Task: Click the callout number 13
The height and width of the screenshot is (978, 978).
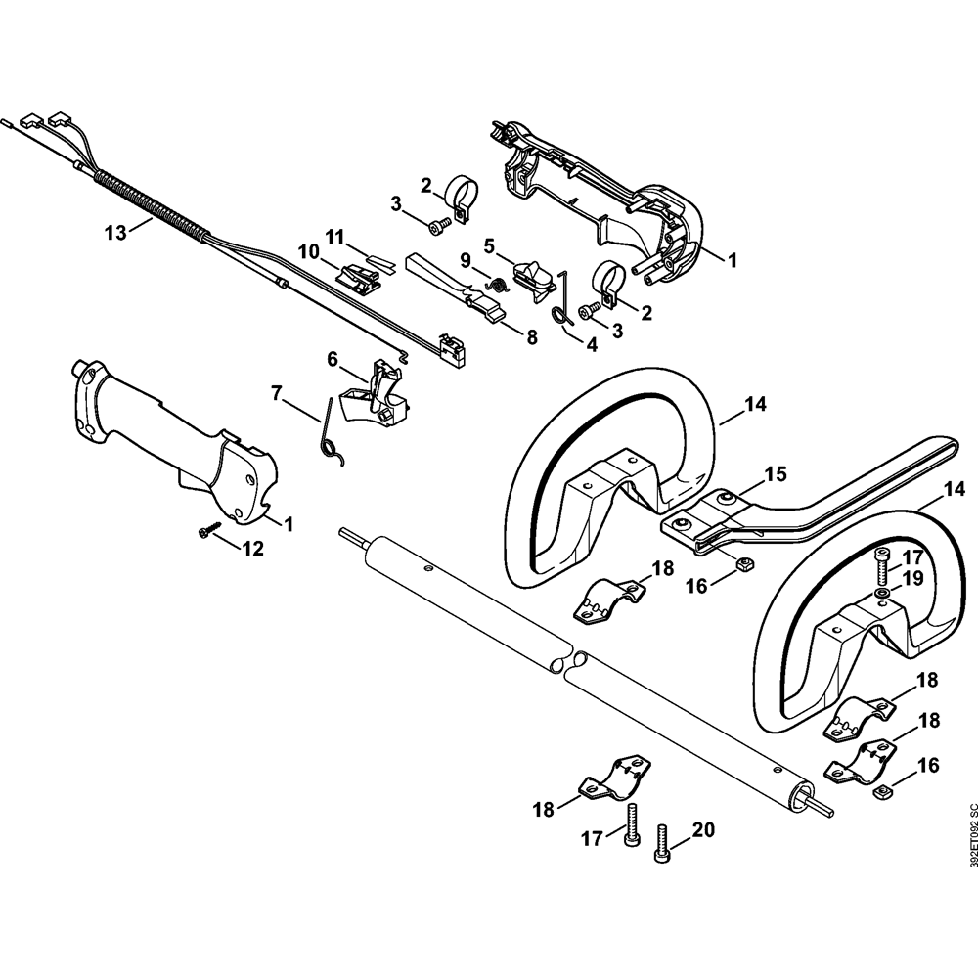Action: tap(116, 233)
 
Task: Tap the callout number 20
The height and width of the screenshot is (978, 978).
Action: tap(703, 830)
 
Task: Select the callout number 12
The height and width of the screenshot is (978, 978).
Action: tap(252, 549)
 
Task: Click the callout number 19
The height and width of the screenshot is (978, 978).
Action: tap(913, 578)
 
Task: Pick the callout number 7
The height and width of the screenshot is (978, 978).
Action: tap(277, 393)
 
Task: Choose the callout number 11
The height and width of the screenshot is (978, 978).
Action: tap(335, 237)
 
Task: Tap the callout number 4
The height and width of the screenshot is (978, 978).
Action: tap(591, 344)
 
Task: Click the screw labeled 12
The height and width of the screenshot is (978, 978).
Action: tap(208, 531)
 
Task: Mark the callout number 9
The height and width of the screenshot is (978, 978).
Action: tap(464, 257)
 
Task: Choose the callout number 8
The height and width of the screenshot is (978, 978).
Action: tap(531, 337)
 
